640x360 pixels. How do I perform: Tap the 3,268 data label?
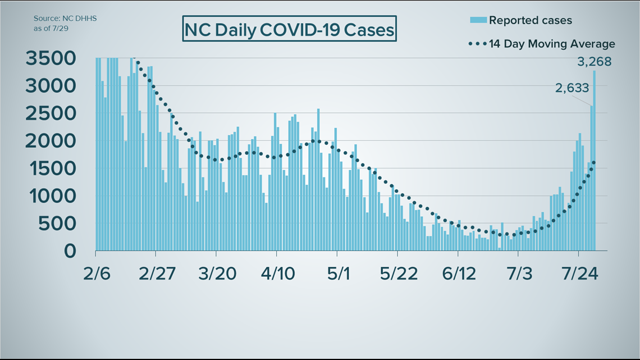pyautogui.click(x=595, y=62)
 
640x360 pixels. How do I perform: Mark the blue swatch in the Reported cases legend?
pyautogui.click(x=478, y=20)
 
